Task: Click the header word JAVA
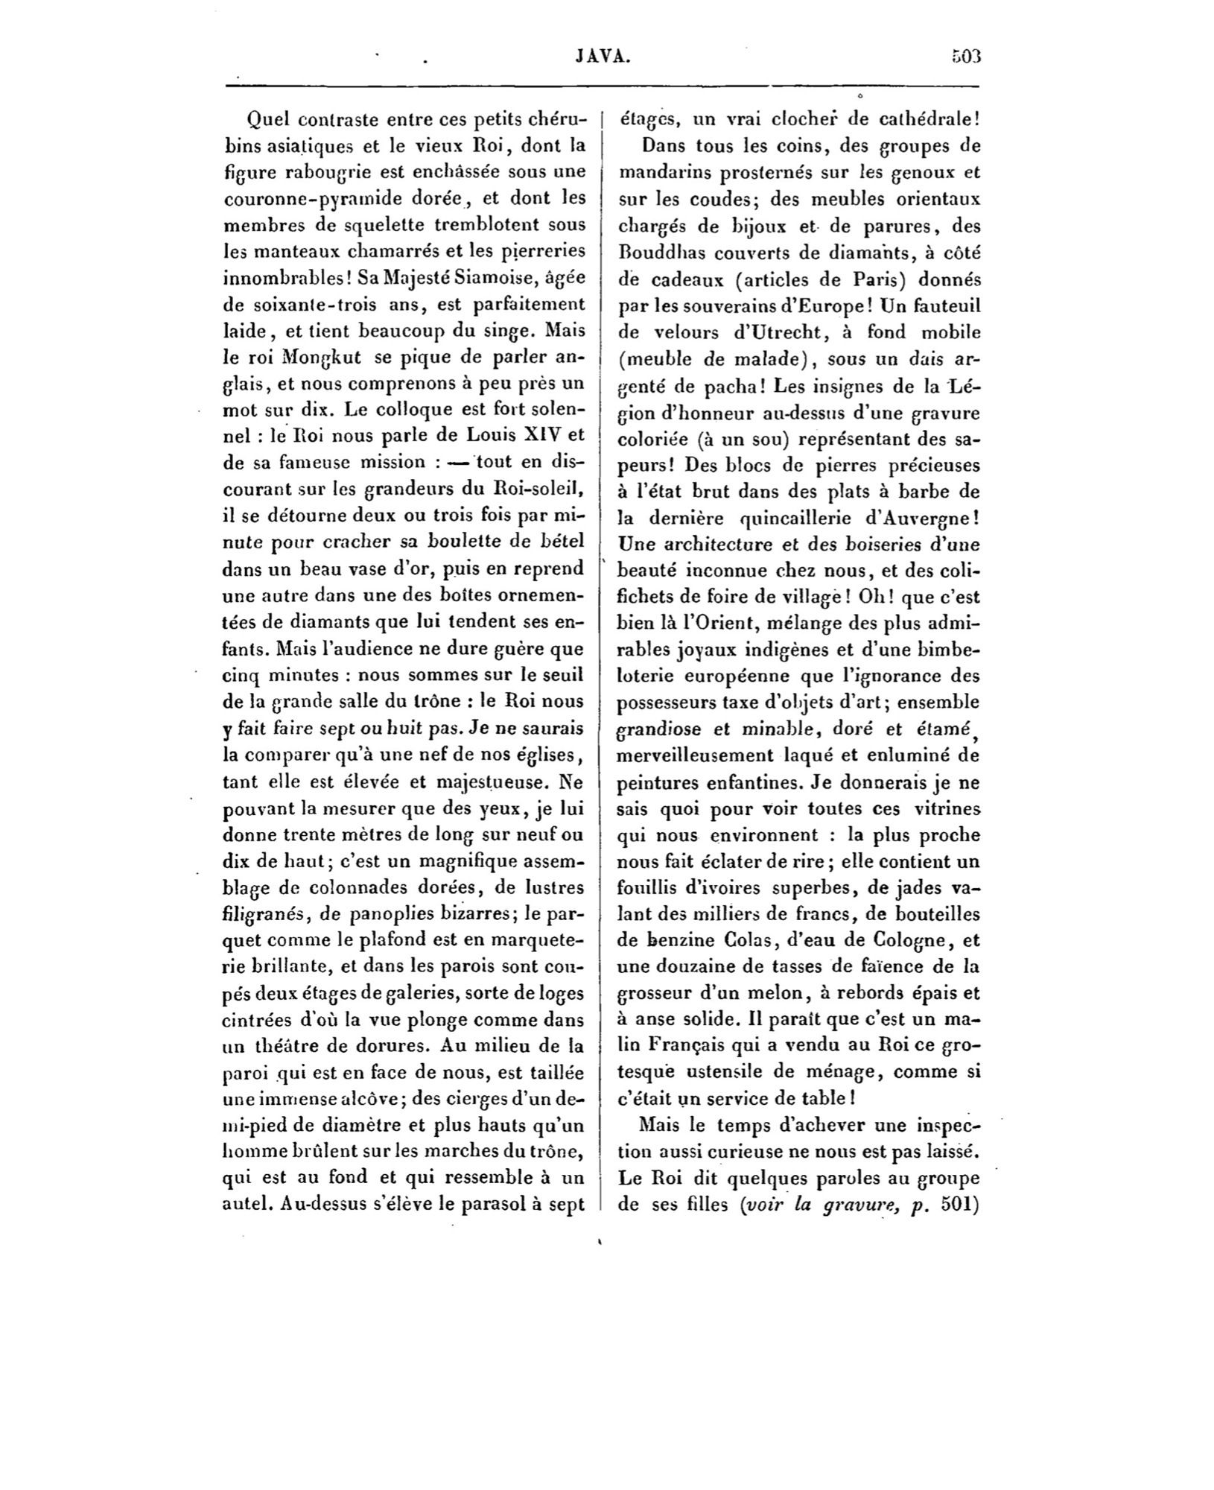coord(603,57)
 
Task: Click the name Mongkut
coord(324,357)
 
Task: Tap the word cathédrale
coord(915,119)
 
